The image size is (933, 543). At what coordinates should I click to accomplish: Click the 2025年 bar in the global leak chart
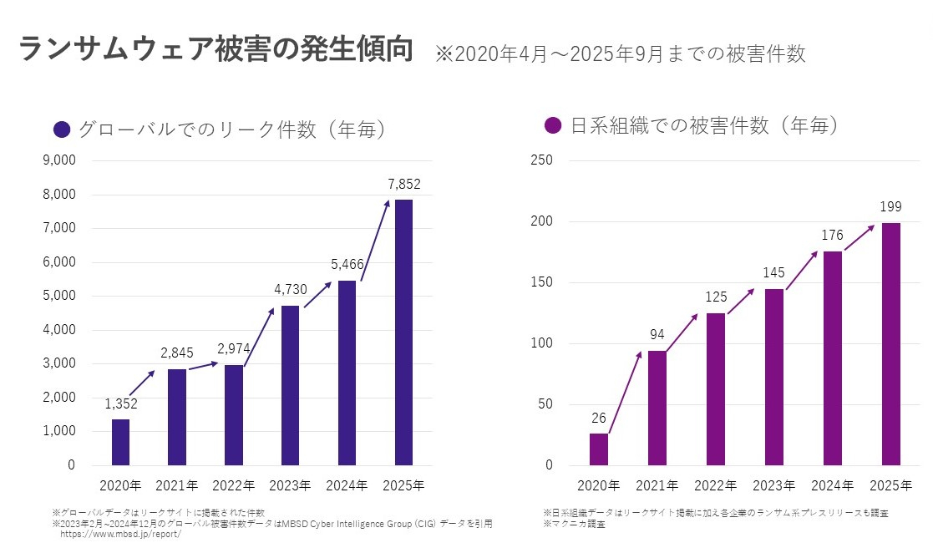pos(403,332)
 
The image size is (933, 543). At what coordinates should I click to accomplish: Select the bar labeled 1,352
pos(120,442)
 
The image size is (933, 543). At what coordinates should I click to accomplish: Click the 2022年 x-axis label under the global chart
pos(234,485)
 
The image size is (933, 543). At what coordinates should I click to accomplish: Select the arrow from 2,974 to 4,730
pos(260,336)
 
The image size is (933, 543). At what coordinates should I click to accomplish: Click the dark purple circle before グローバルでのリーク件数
pos(62,129)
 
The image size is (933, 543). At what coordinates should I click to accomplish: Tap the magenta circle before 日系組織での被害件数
pos(552,126)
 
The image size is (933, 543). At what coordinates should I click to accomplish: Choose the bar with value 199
pos(891,343)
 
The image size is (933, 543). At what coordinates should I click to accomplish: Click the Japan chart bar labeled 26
pos(599,449)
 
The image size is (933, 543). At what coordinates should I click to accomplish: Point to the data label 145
pos(774,273)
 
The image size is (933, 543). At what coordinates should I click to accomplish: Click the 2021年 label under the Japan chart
pos(657,485)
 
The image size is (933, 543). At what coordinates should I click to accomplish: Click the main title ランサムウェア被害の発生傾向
pos(216,50)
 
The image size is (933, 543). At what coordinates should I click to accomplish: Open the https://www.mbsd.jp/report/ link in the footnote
pos(120,533)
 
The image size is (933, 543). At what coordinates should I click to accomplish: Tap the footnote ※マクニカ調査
pos(574,524)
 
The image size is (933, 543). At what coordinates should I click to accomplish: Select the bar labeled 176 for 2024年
pos(833,358)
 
